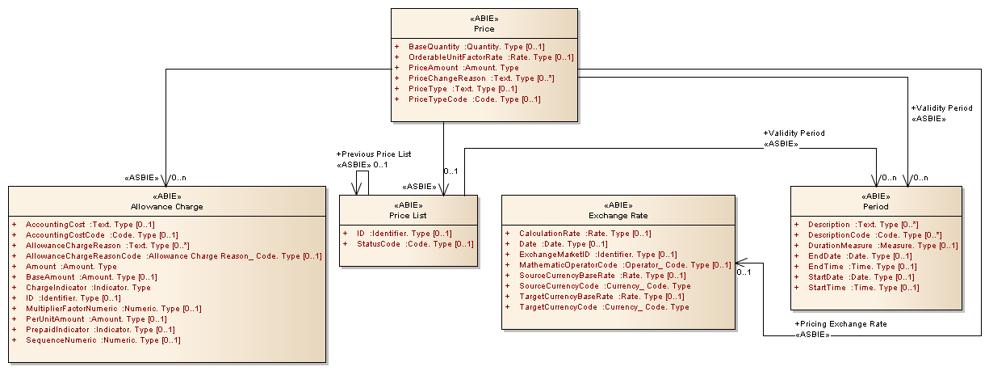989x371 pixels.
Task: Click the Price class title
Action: click(x=484, y=29)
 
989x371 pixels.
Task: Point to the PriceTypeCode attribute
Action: click(x=474, y=99)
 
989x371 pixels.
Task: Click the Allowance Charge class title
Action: click(x=166, y=206)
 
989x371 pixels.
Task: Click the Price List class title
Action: click(x=409, y=215)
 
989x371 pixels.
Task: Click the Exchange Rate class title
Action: click(x=618, y=216)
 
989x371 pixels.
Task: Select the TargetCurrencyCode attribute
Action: click(x=604, y=306)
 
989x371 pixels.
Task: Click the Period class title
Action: click(x=875, y=206)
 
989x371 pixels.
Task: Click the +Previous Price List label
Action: click(x=373, y=154)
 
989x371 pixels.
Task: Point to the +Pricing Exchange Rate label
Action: click(x=840, y=323)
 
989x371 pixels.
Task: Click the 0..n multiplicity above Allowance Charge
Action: click(x=178, y=177)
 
